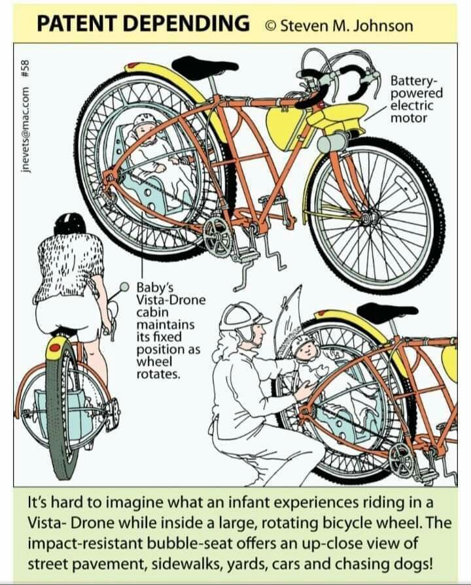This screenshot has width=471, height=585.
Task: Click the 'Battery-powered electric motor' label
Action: (416, 99)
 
